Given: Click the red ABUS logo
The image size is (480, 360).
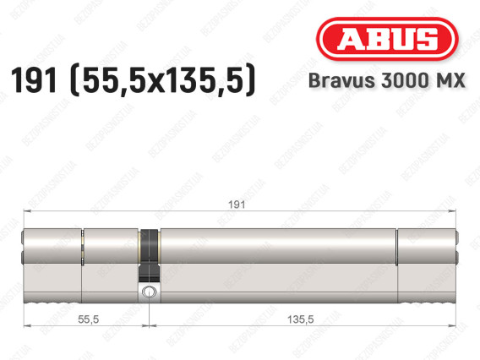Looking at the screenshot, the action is coord(387,39).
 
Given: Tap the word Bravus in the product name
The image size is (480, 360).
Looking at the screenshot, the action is coord(341,80).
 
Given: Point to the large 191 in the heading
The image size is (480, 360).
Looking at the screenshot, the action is coord(34,80).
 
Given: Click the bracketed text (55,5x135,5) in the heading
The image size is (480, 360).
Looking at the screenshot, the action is coord(163,80).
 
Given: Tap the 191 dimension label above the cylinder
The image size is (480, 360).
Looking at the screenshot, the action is coord(237,205).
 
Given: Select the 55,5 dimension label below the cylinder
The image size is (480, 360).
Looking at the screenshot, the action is coord(89,319).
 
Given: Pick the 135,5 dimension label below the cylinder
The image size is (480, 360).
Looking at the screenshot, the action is coord(300,319).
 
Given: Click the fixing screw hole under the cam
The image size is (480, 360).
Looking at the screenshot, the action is coord(149,291).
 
